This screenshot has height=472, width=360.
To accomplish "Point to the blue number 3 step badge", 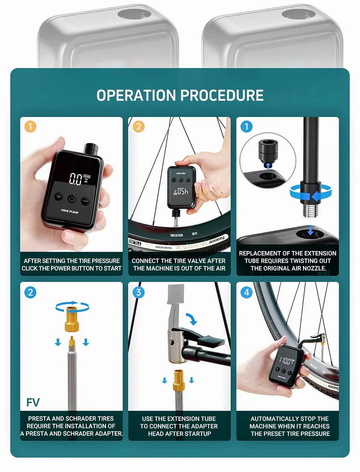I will [x=138, y=292].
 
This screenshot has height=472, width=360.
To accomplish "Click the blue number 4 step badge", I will [x=246, y=292].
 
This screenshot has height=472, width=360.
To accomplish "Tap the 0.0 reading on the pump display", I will [x=75, y=179].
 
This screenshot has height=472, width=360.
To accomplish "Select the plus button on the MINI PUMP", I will [x=58, y=197].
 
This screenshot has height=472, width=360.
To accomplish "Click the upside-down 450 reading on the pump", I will [x=180, y=191].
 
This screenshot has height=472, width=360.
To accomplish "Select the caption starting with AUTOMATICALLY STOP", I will [x=289, y=426].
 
